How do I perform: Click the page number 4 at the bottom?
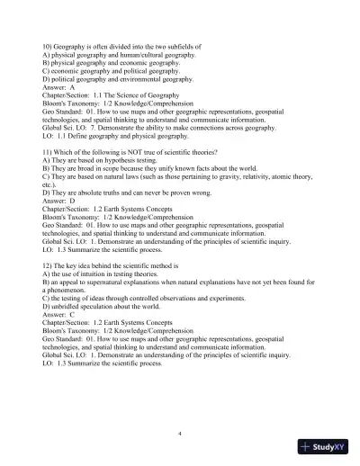pyautogui.click(x=180, y=434)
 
